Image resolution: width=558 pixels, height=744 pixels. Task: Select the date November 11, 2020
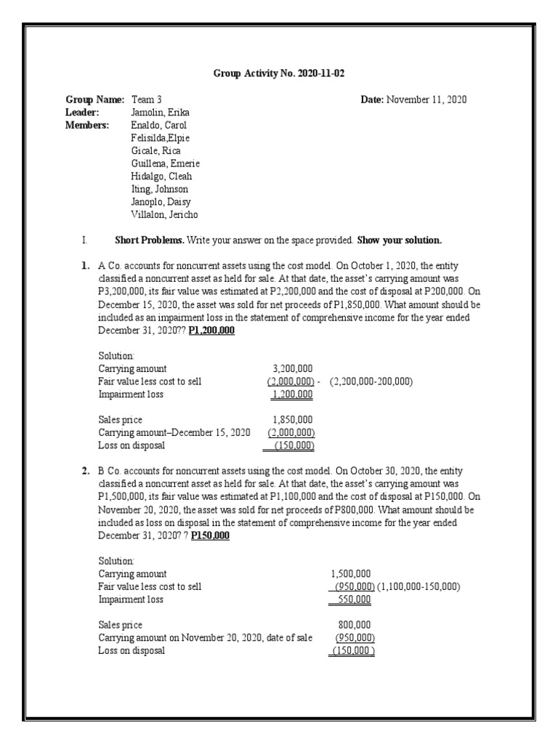click(426, 100)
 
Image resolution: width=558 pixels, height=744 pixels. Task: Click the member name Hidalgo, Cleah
click(161, 177)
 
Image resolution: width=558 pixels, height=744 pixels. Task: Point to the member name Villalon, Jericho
click(163, 215)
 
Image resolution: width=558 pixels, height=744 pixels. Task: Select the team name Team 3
click(146, 100)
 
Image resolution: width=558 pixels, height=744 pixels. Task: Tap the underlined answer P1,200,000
click(211, 331)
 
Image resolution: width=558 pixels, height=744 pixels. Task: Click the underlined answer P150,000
click(210, 536)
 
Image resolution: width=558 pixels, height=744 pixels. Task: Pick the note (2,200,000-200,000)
click(371, 382)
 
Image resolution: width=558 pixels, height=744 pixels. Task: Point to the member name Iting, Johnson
click(159, 190)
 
